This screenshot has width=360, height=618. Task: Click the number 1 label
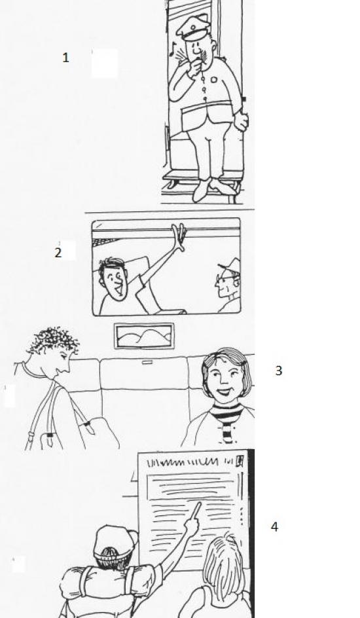65,58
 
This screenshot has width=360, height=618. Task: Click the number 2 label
58,253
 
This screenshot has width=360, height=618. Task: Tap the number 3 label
278,371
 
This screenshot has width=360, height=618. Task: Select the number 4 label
274,526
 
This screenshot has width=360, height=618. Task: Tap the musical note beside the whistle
172,48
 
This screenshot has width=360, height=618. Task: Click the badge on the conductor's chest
214,79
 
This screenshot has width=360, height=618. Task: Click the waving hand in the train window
179,237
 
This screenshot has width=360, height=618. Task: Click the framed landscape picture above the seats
144,336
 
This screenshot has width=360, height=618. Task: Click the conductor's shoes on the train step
213,189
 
